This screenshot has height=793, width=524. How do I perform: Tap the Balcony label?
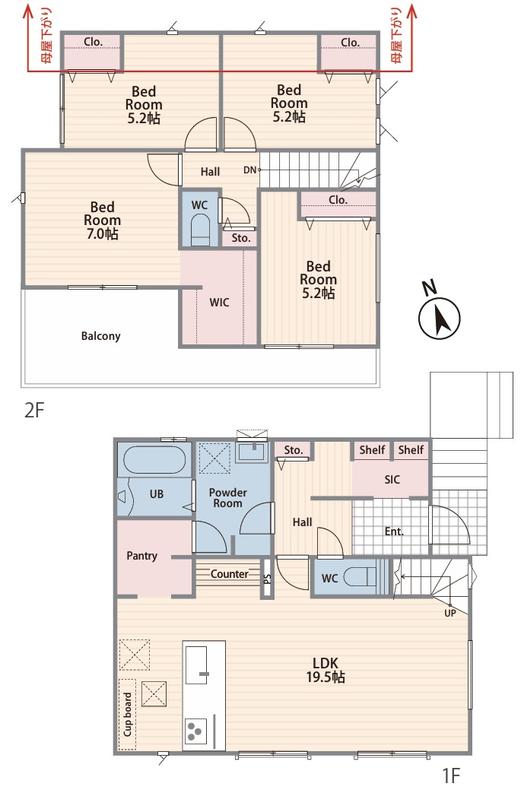point(100,336)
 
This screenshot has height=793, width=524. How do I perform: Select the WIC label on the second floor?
point(219,303)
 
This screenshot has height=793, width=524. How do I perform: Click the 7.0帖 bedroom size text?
point(102,233)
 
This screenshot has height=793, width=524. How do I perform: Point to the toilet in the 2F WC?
point(201,230)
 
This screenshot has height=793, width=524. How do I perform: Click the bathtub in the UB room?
point(154,460)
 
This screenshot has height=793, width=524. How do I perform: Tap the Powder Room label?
point(227,498)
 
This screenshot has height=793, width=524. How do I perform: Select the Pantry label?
point(141,556)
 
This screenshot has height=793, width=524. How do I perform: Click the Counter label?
point(229,574)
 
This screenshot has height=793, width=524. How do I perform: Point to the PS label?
point(268,579)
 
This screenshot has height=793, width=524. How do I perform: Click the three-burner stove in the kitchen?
point(195,731)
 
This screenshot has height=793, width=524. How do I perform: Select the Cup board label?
point(128,714)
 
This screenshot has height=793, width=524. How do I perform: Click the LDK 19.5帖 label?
point(326,670)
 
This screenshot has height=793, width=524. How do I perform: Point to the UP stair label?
point(449,613)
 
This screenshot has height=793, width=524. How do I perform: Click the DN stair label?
point(250,170)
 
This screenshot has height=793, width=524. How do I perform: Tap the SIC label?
point(392,480)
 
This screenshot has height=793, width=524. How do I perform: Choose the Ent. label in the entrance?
point(394,531)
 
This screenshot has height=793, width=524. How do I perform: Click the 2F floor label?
point(34,410)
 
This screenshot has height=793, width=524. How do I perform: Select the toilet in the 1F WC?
point(360,577)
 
